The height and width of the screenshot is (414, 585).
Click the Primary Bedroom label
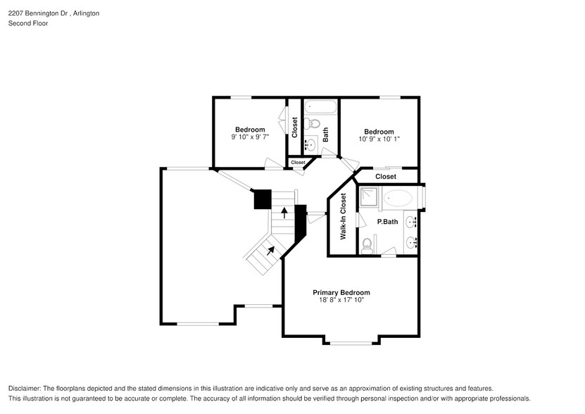click(341, 292)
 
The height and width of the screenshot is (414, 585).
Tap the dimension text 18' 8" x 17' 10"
click(341, 301)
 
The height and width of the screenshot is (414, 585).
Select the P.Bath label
click(387, 222)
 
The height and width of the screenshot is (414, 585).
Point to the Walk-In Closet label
click(344, 217)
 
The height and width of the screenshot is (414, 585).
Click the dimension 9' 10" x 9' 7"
click(250, 137)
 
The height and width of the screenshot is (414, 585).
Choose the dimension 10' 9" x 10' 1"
click(378, 139)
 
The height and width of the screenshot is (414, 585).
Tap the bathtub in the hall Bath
click(321, 108)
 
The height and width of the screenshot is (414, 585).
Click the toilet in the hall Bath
click(314, 124)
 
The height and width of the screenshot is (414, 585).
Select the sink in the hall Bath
click(312, 144)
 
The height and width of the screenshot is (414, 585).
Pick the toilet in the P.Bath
click(366, 246)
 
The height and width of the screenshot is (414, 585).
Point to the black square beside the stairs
click(263, 199)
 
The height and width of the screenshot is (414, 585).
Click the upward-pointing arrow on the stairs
click(284, 212)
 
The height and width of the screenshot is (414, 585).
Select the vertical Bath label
click(325, 134)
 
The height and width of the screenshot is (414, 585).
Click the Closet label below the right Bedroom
click(385, 177)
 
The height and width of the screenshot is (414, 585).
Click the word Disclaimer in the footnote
click(26, 389)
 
